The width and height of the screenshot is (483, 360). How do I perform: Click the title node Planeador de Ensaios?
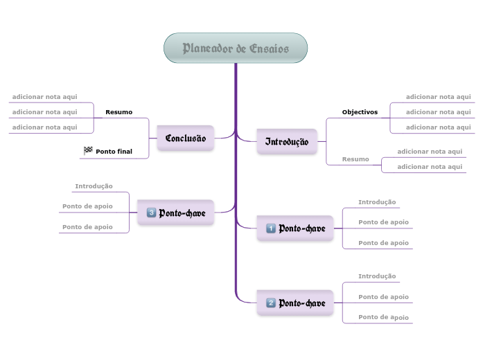click(x=236, y=48)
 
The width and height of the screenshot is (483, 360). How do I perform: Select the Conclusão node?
click(x=186, y=138)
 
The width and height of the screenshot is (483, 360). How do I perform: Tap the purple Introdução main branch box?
click(x=287, y=142)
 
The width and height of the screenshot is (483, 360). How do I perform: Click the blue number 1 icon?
click(x=271, y=228)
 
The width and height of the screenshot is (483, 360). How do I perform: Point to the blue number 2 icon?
click(x=271, y=303)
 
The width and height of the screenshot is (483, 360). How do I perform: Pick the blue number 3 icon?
click(x=151, y=213)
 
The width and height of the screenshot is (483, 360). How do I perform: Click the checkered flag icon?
click(x=88, y=150)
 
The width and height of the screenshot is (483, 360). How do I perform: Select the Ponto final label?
click(x=114, y=151)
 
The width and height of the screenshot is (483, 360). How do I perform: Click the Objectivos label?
click(x=360, y=111)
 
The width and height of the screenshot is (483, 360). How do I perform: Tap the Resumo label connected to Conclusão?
click(x=118, y=111)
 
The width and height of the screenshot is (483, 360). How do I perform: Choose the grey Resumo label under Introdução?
click(x=355, y=159)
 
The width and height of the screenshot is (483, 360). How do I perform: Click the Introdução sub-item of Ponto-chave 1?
click(x=377, y=202)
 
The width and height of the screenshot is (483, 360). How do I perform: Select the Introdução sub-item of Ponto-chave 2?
click(x=377, y=276)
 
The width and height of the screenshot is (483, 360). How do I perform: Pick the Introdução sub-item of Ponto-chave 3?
click(x=94, y=186)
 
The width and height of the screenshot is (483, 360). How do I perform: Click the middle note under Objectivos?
click(x=438, y=111)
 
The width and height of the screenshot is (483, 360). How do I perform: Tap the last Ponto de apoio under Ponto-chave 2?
click(x=383, y=317)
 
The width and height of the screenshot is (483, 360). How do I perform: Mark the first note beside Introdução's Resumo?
click(x=430, y=151)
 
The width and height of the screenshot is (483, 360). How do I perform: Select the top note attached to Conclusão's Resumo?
click(x=44, y=97)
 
